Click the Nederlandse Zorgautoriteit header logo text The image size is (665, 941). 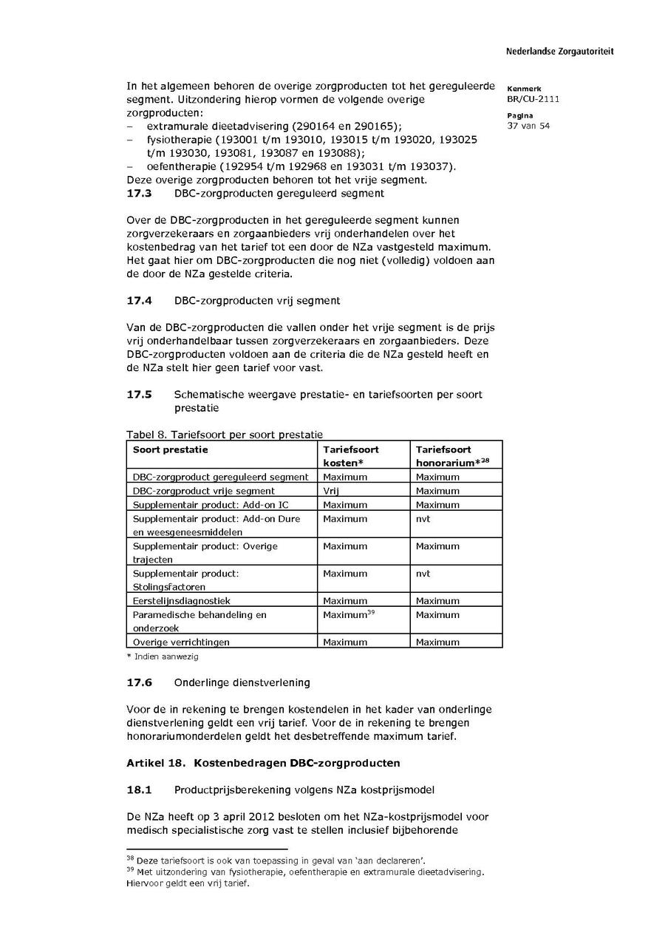tap(559, 52)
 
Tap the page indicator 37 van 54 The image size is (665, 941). tap(528, 126)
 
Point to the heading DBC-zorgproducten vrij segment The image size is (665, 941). tap(257, 301)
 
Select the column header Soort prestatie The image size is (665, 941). tap(170, 449)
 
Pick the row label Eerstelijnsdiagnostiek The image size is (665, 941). tap(181, 601)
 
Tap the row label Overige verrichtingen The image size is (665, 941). tap(180, 642)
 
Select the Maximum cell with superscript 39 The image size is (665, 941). tap(347, 615)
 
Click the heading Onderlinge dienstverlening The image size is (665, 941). tap(242, 682)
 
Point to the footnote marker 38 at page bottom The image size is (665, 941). tap(130, 858)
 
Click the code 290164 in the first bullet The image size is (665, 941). tap(319, 126)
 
